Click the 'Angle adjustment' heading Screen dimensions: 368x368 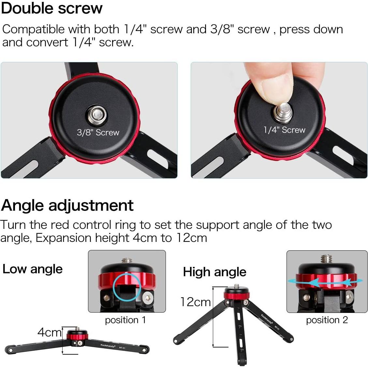click(x=67, y=205)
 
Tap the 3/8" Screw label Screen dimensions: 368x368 click(x=98, y=132)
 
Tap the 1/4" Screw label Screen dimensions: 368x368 click(x=284, y=130)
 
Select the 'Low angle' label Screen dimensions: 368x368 click(x=32, y=269)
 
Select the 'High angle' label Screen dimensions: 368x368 click(x=214, y=272)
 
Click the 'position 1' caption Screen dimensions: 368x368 click(x=125, y=320)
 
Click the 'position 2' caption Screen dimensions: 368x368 click(x=327, y=320)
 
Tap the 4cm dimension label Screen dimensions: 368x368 click(x=49, y=332)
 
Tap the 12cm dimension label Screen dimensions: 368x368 click(x=196, y=302)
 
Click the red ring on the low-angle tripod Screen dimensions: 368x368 click(x=77, y=335)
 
